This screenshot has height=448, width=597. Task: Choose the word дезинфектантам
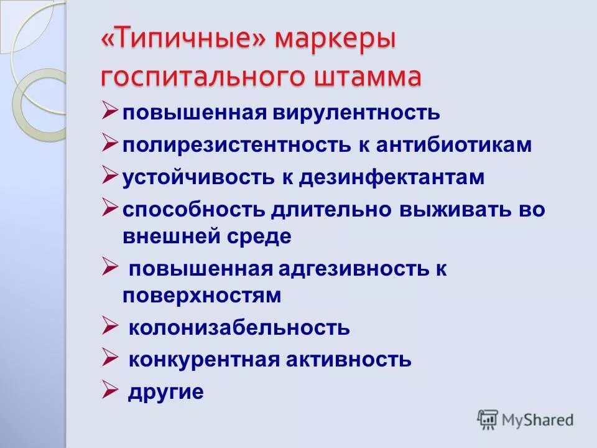click(x=392, y=178)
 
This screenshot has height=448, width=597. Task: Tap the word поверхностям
click(x=202, y=296)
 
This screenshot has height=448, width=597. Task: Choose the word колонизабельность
click(x=239, y=327)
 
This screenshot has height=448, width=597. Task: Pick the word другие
click(x=166, y=392)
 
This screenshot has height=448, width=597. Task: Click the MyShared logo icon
click(x=488, y=420)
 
